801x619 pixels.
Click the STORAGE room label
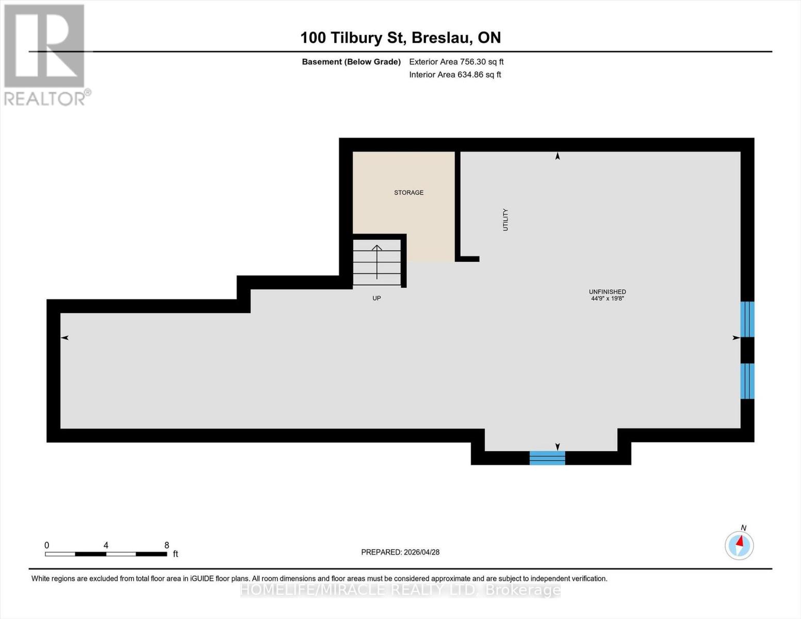point(408,192)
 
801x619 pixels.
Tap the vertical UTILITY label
point(505,220)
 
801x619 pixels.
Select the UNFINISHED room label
point(607,291)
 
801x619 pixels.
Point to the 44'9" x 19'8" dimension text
point(607,299)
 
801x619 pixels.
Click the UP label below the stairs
point(377,298)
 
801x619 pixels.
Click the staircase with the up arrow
point(377,262)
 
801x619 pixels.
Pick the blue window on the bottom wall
point(547,458)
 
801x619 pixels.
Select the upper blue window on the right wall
point(747,319)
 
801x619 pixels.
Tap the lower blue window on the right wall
point(747,381)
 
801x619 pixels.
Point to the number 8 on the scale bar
point(167,545)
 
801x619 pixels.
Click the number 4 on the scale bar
point(106,545)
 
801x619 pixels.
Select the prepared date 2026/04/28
point(421,552)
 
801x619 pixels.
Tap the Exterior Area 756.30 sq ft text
point(456,62)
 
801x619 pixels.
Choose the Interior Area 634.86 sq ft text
point(455,75)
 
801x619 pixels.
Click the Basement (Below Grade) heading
point(351,62)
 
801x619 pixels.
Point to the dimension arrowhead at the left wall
point(65,338)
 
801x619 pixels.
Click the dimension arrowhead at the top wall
point(557,156)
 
